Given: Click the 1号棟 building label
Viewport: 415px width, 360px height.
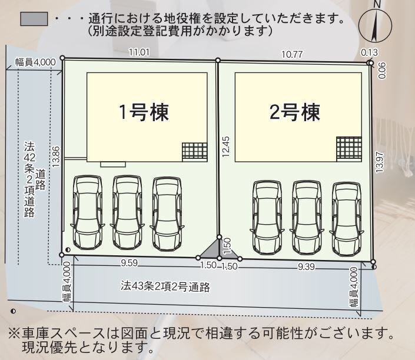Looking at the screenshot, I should click(x=144, y=112).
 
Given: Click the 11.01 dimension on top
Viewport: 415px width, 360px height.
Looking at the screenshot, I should click(x=139, y=52).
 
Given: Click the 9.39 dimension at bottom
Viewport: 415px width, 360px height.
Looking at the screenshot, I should click(x=306, y=266).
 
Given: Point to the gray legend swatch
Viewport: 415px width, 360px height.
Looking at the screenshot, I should click(x=34, y=19).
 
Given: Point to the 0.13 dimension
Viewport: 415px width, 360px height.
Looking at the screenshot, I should click(x=370, y=53).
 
